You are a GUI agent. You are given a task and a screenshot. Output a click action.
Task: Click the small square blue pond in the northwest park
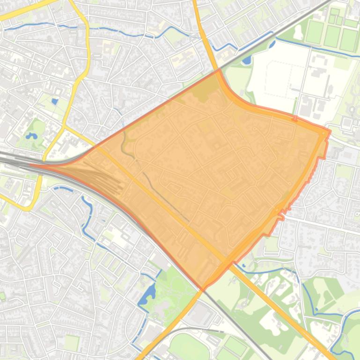coord(55,101)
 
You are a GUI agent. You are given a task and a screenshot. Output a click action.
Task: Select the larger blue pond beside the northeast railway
coord(247,60)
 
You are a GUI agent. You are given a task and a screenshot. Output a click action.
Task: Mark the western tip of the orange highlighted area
coord(32,165)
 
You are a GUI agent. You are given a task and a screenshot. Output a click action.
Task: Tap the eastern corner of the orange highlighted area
coord(329,130)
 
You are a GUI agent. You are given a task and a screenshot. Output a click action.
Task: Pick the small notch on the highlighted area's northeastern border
coord(295,118)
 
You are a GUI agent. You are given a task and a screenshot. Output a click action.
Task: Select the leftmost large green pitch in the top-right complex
coord(315,33)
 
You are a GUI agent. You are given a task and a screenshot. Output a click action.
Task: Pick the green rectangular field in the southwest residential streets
coord(72,343)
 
